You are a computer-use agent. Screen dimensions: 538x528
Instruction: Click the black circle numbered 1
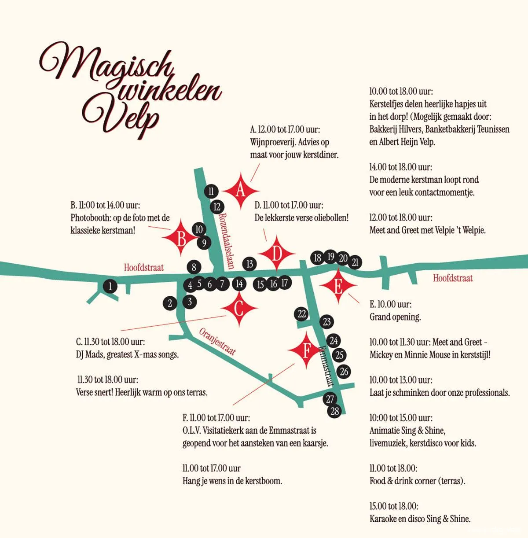pos(110,287)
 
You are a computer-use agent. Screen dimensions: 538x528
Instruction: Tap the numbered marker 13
pos(249,264)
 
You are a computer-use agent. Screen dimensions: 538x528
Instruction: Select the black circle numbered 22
pos(301,314)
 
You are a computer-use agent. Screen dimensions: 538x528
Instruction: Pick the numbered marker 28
pos(334,411)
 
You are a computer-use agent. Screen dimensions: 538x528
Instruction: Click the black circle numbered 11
pos(211,191)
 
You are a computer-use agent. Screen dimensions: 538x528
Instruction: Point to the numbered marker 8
pos(194,267)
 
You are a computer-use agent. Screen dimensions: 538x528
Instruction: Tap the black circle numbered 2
pos(170,303)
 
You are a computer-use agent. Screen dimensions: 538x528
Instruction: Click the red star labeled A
pos(240,191)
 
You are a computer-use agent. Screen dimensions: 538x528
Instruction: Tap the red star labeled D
pos(277,254)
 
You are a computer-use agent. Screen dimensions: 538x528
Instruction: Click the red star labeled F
pos(307,350)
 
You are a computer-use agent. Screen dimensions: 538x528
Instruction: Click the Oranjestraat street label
pos(218,341)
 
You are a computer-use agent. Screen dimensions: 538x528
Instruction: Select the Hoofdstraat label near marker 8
pos(143,268)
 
